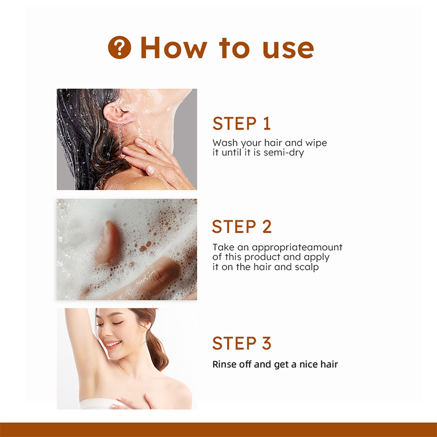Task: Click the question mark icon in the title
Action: click(x=120, y=48)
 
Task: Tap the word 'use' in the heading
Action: click(x=288, y=48)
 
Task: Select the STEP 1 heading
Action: click(x=241, y=123)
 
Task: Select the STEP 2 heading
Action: click(x=241, y=226)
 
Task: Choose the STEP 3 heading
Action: click(x=241, y=344)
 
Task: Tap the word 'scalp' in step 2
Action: click(x=306, y=267)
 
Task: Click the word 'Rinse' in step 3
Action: click(x=225, y=364)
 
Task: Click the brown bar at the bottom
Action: click(x=218, y=429)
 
